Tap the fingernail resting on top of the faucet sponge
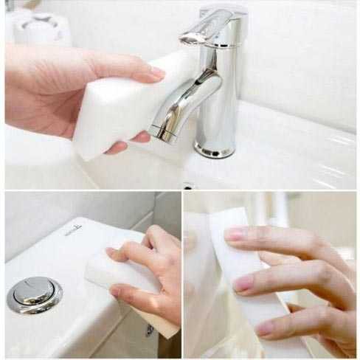click(156, 72)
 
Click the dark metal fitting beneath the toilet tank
click(150, 330)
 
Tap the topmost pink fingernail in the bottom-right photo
click(235, 234)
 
